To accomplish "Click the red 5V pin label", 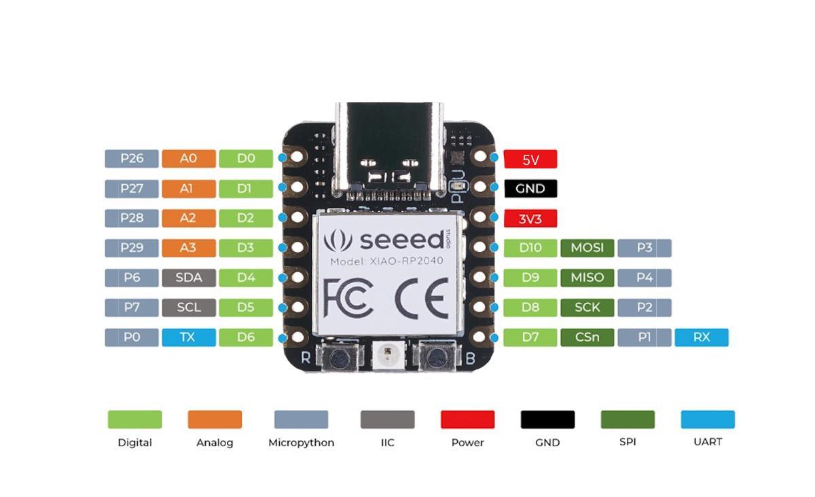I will pyautogui.click(x=530, y=160).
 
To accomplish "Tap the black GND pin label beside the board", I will pyautogui.click(x=530, y=189).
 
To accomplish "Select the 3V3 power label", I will pyautogui.click(x=530, y=219).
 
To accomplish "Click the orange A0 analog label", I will pyautogui.click(x=189, y=159).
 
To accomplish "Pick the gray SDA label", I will pyautogui.click(x=189, y=278).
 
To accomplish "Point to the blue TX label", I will pyautogui.click(x=189, y=337).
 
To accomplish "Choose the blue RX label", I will pyautogui.click(x=702, y=337).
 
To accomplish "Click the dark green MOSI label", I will pyautogui.click(x=587, y=248).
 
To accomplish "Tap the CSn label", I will pyautogui.click(x=587, y=337).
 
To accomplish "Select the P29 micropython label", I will pyautogui.click(x=132, y=248).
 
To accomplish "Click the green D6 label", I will pyautogui.click(x=246, y=337).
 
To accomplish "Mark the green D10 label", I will pyautogui.click(x=530, y=248).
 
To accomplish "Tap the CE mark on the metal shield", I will pyautogui.click(x=422, y=298).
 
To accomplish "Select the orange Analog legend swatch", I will pyautogui.click(x=215, y=420).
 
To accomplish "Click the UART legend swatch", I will pyautogui.click(x=708, y=420).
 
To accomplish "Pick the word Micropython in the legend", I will pyautogui.click(x=301, y=443).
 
